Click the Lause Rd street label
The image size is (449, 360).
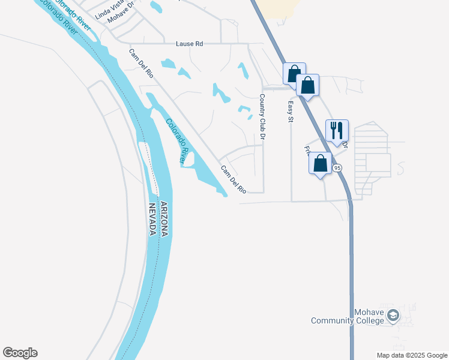190,44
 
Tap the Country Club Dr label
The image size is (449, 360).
262,117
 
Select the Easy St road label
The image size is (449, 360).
290,112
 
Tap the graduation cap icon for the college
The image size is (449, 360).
393,315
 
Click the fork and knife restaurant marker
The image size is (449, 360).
337,130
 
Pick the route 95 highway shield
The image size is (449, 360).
337,168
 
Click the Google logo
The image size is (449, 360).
20,353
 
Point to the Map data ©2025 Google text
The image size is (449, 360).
412,355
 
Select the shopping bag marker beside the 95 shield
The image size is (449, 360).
320,163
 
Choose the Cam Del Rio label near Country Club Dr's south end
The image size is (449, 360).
233,179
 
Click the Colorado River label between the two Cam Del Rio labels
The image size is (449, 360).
176,141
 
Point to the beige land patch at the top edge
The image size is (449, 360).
282,7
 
